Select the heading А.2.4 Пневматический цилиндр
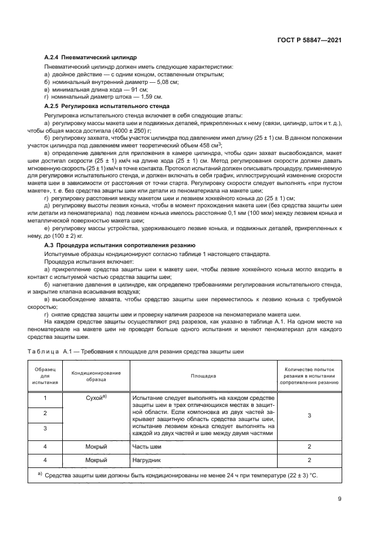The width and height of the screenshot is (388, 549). [90, 59]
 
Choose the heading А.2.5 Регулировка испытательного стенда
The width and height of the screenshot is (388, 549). [107, 107]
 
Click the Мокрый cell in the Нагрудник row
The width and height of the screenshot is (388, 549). [96, 460]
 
